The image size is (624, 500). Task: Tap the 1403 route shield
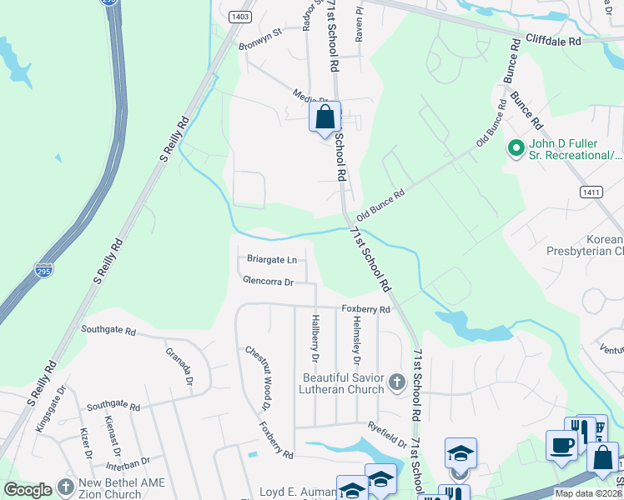pyautogui.click(x=240, y=16)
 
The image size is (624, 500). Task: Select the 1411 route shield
pyautogui.click(x=591, y=192)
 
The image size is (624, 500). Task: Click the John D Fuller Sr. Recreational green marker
pyautogui.click(x=516, y=148)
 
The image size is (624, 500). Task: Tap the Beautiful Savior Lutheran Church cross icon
pyautogui.click(x=396, y=384)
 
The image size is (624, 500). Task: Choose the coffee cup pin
pyautogui.click(x=561, y=445)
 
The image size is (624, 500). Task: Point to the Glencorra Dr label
pyautogui.click(x=268, y=282)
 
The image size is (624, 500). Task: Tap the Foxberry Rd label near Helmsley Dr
pyautogui.click(x=365, y=309)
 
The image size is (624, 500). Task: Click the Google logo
pyautogui.click(x=28, y=490)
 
